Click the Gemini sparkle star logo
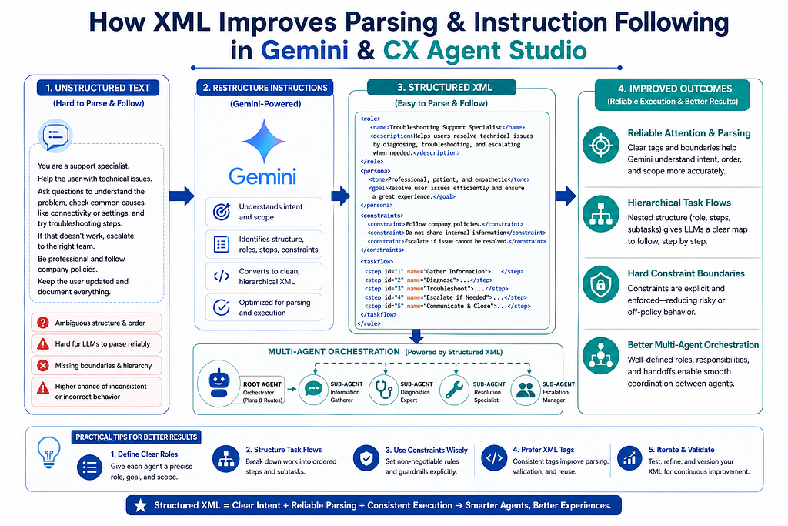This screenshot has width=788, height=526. [264, 141]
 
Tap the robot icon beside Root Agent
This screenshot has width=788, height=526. [219, 384]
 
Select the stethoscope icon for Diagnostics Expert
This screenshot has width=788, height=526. [384, 389]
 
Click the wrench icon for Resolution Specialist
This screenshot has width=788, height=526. [454, 389]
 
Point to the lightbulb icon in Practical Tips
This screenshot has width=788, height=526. [48, 451]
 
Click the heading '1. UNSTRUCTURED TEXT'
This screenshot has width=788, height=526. [98, 88]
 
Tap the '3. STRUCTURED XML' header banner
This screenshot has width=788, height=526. [442, 88]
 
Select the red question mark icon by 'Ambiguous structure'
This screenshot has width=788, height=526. [43, 323]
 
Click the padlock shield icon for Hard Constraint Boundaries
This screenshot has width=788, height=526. [600, 284]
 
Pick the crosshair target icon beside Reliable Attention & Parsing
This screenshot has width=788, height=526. [600, 145]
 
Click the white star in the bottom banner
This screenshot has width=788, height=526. [141, 505]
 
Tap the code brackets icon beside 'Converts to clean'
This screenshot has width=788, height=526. [222, 276]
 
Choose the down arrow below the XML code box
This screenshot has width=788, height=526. [416, 336]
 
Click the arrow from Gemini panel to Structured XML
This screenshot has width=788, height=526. [341, 196]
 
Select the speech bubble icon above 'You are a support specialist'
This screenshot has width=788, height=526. [55, 136]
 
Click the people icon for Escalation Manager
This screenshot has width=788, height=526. [526, 389]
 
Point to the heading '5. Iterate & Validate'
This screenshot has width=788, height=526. [681, 450]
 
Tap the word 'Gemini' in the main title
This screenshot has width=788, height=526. [305, 50]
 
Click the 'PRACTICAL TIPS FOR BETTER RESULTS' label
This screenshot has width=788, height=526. [136, 437]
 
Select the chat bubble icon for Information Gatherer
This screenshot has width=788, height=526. [314, 389]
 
